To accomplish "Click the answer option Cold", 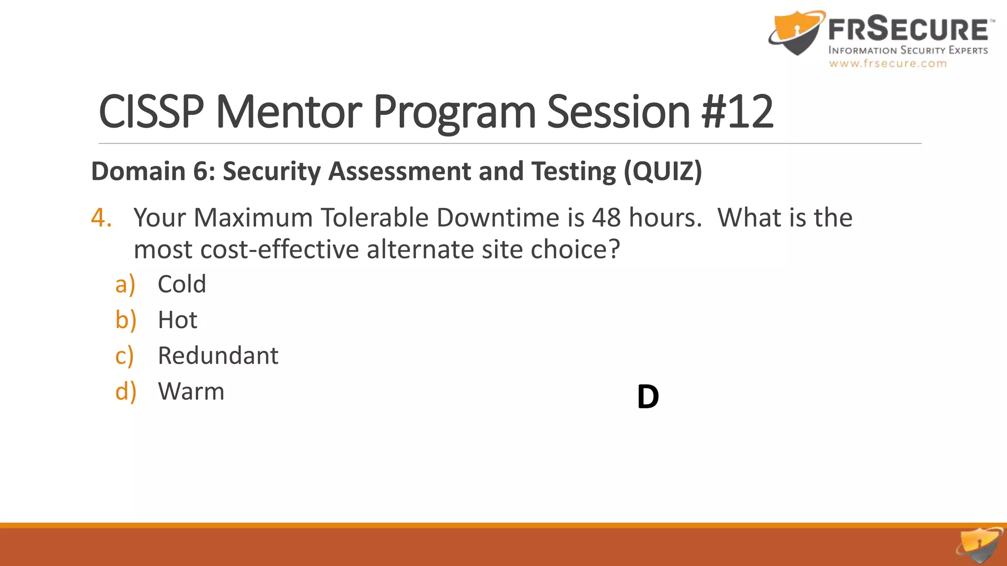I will click(x=181, y=284).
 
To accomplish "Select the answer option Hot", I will click(x=177, y=320).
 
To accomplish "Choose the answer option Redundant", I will click(x=218, y=355).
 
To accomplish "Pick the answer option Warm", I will click(x=191, y=391).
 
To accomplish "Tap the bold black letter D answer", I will click(x=648, y=397).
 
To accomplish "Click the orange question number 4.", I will click(x=101, y=217).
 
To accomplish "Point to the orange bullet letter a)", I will click(x=125, y=284).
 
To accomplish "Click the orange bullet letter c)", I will click(x=124, y=355).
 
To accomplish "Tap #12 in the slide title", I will click(x=737, y=112).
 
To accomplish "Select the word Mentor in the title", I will click(x=289, y=112).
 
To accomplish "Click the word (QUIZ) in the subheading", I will click(x=663, y=171).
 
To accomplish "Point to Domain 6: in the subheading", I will click(x=153, y=171).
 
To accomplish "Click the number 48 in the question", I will click(x=606, y=217).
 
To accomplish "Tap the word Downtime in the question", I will click(x=498, y=217).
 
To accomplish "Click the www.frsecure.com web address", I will click(x=888, y=63).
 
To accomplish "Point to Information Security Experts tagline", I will click(x=908, y=50).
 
